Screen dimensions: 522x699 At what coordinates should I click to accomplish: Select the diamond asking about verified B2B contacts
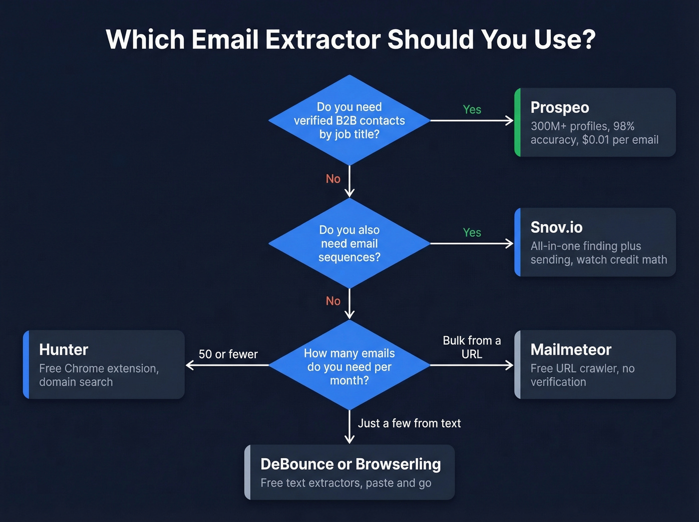pyautogui.click(x=349, y=120)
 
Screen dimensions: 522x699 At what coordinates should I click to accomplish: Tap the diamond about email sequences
pyautogui.click(x=349, y=243)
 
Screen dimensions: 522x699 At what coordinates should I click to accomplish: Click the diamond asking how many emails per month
pyautogui.click(x=349, y=366)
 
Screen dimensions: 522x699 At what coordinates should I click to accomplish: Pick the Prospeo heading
pyautogui.click(x=560, y=107)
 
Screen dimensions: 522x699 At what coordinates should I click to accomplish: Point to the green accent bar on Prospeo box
pyautogui.click(x=518, y=122)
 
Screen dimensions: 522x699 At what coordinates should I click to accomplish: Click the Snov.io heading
pyautogui.click(x=556, y=227)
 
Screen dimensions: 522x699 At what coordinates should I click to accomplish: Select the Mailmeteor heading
pyautogui.click(x=571, y=350)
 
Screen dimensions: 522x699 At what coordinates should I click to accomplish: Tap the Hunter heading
pyautogui.click(x=63, y=350)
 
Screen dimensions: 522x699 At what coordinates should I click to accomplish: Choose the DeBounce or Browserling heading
pyautogui.click(x=350, y=464)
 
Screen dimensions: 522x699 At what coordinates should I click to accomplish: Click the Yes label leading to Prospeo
pyautogui.click(x=472, y=109)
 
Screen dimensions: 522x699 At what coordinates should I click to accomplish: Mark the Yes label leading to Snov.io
pyautogui.click(x=472, y=232)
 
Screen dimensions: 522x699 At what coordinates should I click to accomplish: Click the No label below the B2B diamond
pyautogui.click(x=333, y=179)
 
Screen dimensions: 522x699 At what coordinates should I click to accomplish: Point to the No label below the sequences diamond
pyautogui.click(x=333, y=301)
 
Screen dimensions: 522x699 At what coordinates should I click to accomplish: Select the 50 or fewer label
pyautogui.click(x=228, y=354)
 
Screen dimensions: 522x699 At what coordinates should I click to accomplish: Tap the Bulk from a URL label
pyautogui.click(x=472, y=347)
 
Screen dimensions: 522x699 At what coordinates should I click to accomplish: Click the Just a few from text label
pyautogui.click(x=409, y=424)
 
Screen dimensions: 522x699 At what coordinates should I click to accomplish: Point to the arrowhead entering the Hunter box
pyautogui.click(x=189, y=365)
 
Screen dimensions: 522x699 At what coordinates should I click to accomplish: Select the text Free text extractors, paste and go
pyautogui.click(x=346, y=483)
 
